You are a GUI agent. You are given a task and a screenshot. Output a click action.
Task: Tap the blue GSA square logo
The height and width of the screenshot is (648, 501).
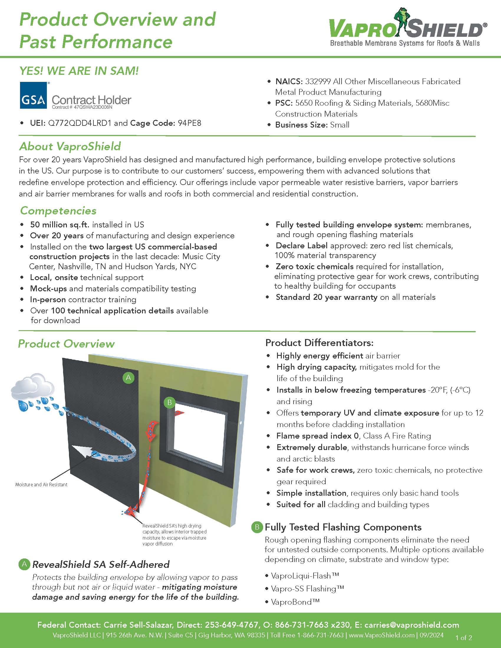pyautogui.click(x=34, y=95)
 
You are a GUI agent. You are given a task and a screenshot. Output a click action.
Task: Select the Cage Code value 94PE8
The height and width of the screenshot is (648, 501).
pyautogui.click(x=189, y=123)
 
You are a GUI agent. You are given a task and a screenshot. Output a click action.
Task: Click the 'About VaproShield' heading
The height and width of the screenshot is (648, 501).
pyautogui.click(x=70, y=146)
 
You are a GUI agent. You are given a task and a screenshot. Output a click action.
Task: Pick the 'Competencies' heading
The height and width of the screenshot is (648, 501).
pyautogui.click(x=58, y=211)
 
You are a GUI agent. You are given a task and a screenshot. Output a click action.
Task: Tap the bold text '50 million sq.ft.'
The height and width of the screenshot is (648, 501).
pyautogui.click(x=59, y=225)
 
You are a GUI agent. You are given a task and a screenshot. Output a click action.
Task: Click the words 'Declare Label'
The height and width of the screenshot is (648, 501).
pyautogui.click(x=301, y=246)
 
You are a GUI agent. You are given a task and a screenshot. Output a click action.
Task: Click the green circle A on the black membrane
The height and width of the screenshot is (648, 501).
pyautogui.click(x=128, y=377)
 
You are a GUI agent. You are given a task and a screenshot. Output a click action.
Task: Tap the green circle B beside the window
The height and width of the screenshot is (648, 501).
pyautogui.click(x=169, y=402)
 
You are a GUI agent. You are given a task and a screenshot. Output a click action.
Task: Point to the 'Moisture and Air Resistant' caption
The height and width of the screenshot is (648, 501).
pyautogui.click(x=41, y=485)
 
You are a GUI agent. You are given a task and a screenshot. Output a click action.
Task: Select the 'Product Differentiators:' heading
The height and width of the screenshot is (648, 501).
pyautogui.click(x=319, y=343)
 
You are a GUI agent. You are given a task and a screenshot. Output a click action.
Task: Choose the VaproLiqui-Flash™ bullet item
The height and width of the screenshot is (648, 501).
pyautogui.click(x=304, y=576)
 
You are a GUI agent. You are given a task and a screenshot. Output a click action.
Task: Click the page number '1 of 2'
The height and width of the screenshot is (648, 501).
pyautogui.click(x=464, y=637)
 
